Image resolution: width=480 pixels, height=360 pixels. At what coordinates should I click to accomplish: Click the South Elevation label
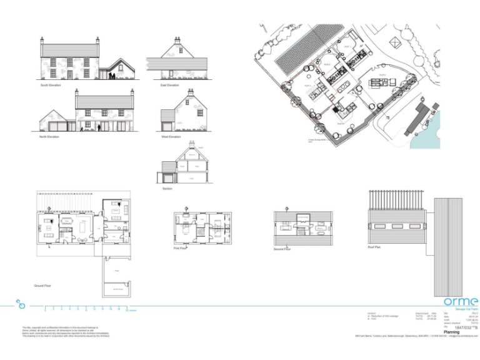[51, 85]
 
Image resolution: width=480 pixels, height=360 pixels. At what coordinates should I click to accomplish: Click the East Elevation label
[169, 85]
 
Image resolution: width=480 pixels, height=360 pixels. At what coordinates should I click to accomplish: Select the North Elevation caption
[49, 137]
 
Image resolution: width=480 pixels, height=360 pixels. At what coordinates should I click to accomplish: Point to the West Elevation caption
[171, 137]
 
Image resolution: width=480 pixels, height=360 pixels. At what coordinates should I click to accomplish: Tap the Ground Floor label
[43, 286]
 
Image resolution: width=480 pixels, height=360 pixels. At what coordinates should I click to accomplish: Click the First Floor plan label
[181, 248]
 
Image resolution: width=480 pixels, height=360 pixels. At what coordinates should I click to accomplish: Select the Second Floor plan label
[282, 249]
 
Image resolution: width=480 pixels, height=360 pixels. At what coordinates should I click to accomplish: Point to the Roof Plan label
[375, 247]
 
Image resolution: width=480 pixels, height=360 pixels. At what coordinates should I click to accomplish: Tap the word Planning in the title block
[451, 332]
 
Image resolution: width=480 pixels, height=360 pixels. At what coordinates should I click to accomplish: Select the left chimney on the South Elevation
[42, 40]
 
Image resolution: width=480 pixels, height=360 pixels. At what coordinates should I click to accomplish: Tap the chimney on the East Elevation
[177, 40]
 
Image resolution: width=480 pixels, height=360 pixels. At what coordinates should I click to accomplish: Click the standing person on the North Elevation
[99, 128]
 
